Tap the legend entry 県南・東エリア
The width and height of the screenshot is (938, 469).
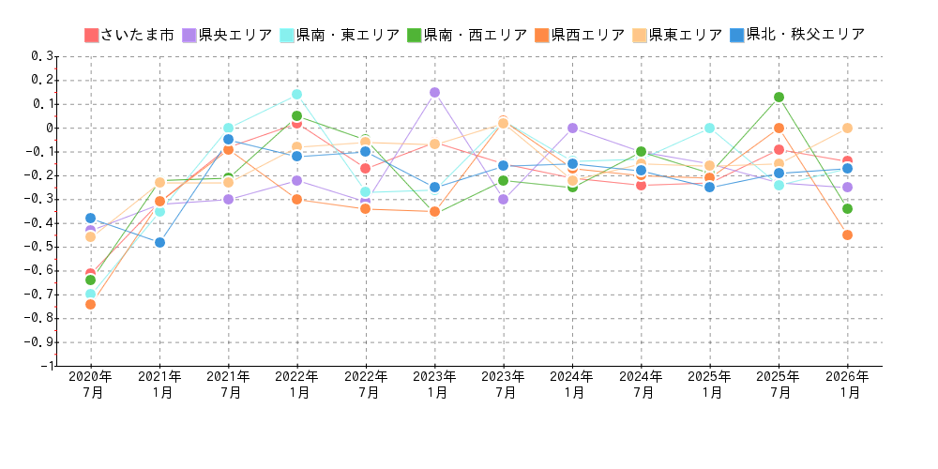[339, 35]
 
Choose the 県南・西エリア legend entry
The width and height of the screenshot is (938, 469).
[466, 35]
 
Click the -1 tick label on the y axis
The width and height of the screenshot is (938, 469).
[46, 366]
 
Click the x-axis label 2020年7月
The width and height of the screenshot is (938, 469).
[91, 385]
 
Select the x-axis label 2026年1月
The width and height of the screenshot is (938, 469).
[847, 385]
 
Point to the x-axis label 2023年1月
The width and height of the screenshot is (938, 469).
[434, 385]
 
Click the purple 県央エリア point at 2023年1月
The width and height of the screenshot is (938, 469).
[434, 92]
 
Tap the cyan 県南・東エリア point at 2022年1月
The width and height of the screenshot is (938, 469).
[296, 94]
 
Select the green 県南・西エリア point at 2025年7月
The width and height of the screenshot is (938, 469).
[779, 97]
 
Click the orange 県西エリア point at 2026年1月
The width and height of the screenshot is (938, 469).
[847, 234]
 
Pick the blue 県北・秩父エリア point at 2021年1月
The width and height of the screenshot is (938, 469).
[159, 242]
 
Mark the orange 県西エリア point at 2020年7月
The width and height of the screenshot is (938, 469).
[90, 304]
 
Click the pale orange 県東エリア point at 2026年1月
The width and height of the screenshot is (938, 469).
[847, 128]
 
